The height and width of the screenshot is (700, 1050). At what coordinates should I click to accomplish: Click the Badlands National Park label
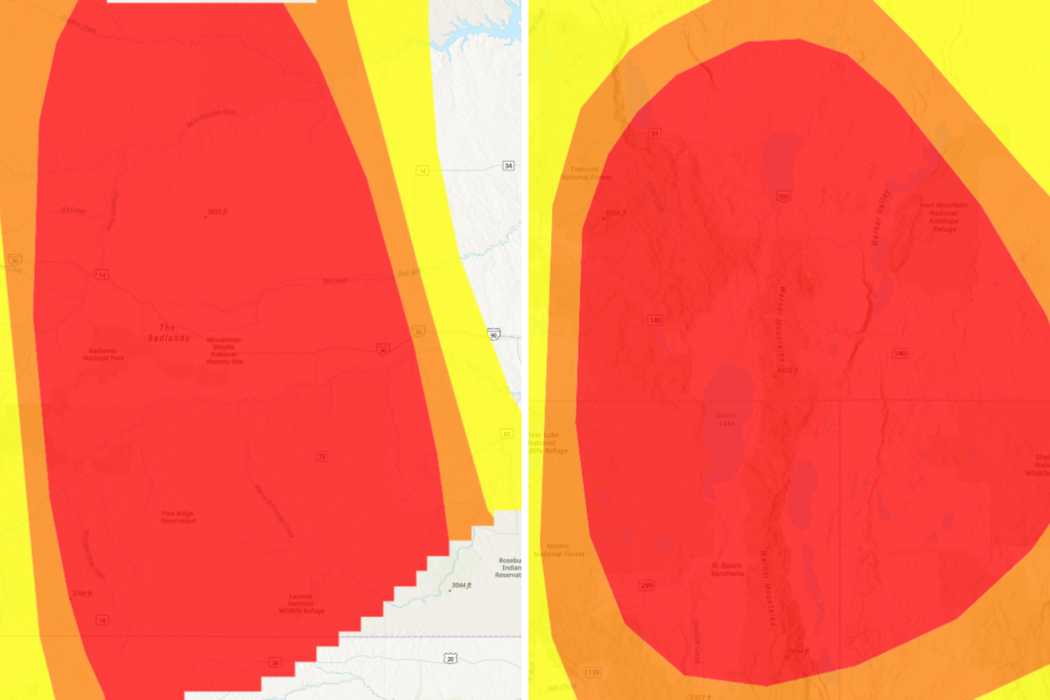(101, 354)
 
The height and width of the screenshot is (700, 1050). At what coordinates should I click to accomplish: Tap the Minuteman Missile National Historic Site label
(225, 350)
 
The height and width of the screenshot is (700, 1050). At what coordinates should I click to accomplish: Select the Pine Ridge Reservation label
(178, 517)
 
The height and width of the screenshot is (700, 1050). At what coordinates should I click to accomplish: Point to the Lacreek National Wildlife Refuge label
(301, 602)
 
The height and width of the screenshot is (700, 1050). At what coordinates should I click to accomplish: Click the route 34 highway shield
(507, 165)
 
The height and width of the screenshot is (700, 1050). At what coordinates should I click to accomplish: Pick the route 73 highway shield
(322, 456)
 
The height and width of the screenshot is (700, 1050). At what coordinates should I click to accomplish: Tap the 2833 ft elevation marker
(216, 212)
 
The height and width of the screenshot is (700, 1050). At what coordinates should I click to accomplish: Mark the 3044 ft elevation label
(460, 585)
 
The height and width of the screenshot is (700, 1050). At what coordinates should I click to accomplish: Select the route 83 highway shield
(506, 434)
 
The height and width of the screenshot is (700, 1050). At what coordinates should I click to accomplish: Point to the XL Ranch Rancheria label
(727, 570)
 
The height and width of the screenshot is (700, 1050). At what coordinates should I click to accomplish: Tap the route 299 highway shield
(647, 585)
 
